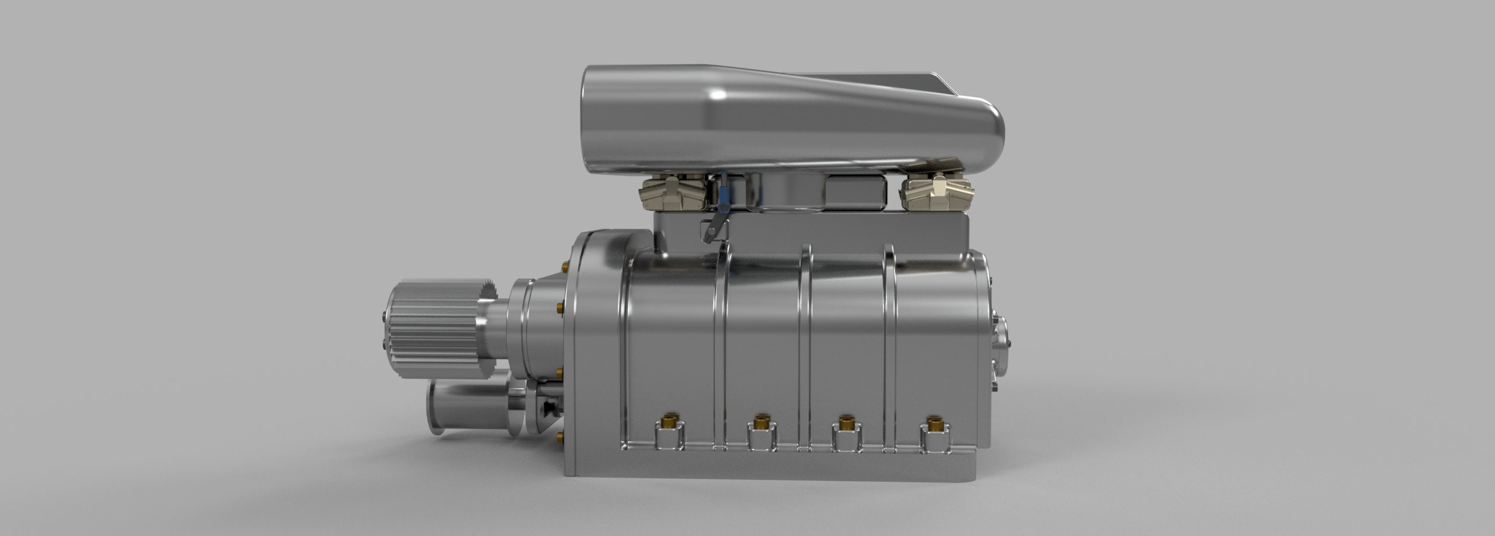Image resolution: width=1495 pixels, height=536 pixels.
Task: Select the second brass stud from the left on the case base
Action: click(760, 420)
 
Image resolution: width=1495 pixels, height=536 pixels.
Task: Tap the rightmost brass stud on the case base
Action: click(931, 422)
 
